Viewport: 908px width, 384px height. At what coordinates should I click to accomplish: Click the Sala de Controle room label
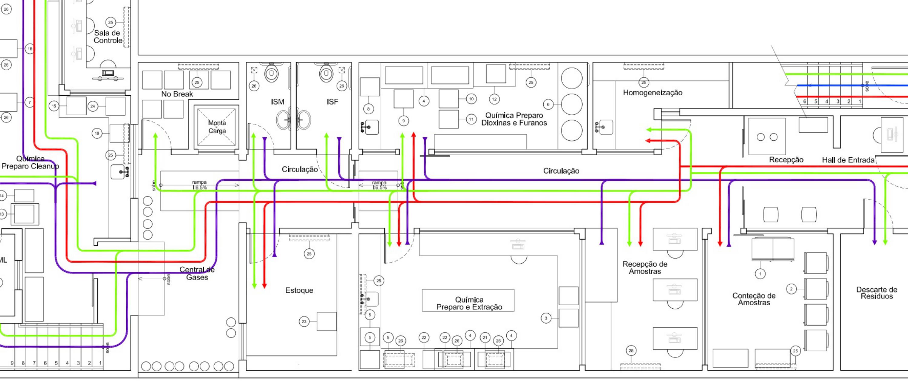click(108, 37)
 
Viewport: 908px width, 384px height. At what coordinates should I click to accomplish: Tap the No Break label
click(177, 94)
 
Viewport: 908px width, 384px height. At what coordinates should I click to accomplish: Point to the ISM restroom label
click(278, 102)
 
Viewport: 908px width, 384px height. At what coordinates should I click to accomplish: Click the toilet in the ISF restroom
click(326, 73)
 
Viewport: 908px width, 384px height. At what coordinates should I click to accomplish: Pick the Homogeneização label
click(653, 93)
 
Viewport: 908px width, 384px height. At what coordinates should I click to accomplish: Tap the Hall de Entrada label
click(848, 160)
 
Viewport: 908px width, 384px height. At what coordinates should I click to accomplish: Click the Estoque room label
click(299, 290)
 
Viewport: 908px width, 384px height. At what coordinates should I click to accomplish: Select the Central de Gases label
click(197, 273)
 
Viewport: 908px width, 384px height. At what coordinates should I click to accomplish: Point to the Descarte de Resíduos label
click(877, 293)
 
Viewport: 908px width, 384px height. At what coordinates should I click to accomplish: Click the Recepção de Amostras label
click(645, 267)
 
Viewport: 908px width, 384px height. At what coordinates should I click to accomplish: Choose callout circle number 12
click(494, 99)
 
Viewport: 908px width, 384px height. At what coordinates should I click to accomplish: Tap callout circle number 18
click(30, 49)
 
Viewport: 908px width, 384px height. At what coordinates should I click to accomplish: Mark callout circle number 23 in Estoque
click(304, 321)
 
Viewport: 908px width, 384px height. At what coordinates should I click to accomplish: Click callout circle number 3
click(546, 318)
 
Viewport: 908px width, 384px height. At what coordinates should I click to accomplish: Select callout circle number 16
click(97, 133)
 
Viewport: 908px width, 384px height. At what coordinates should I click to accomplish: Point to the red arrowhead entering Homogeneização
click(648, 141)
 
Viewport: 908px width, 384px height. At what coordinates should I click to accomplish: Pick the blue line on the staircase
click(846, 85)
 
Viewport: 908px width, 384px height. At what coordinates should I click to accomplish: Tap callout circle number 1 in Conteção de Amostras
click(760, 274)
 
